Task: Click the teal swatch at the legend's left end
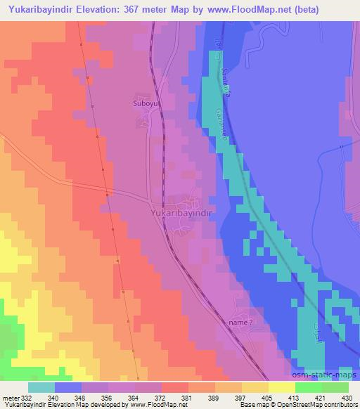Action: click(41, 387)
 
